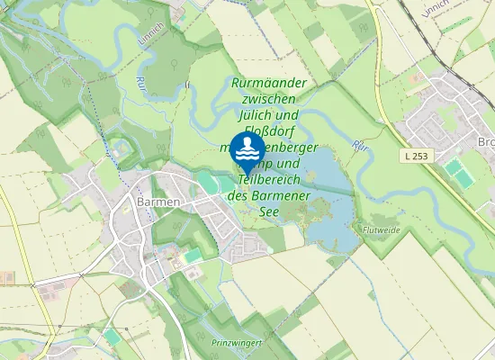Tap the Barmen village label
coord(157,202)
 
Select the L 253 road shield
coord(416,156)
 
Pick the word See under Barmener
coord(268,211)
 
